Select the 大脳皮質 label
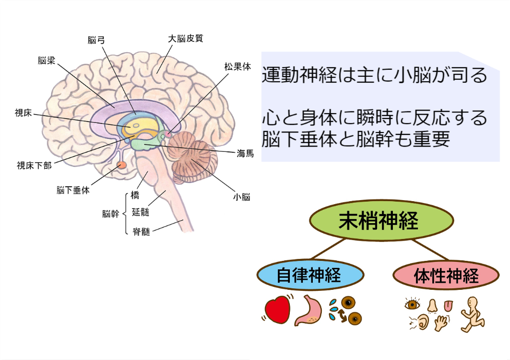click(185, 38)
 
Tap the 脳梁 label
click(46, 61)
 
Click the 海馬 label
click(245, 153)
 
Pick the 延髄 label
click(140, 213)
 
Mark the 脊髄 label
click(141, 231)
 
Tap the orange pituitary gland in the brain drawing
click(122, 165)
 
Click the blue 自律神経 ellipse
click(309, 275)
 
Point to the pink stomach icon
click(309, 312)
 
